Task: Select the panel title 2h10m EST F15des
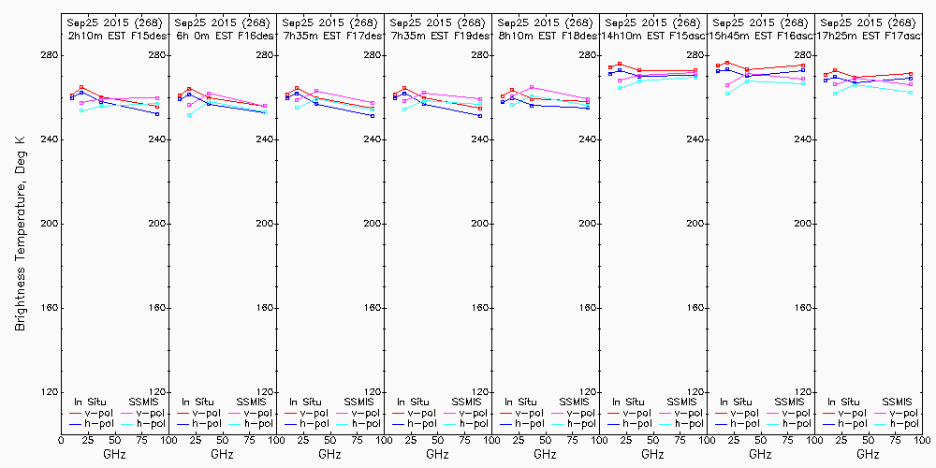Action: (114, 36)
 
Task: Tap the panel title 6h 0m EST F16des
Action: (223, 36)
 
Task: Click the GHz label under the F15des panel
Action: (114, 454)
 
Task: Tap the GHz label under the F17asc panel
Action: (868, 454)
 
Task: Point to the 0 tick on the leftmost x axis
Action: (61, 439)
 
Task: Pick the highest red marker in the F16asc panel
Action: (727, 63)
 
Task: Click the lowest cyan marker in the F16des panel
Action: (189, 115)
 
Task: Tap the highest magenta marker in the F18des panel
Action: (532, 87)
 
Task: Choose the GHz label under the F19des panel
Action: (437, 454)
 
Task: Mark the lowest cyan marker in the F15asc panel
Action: (620, 88)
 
